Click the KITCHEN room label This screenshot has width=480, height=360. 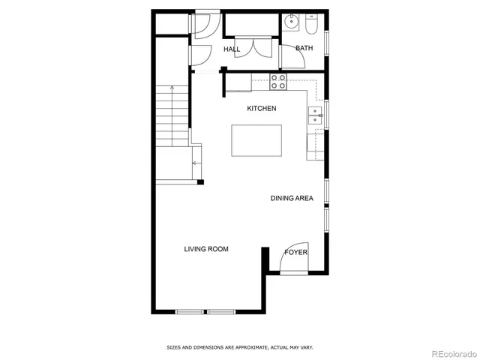point(262,109)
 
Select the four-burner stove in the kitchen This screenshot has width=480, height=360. point(278,80)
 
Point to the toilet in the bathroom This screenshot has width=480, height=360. point(312,25)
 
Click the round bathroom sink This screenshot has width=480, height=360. point(292,21)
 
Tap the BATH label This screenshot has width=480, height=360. point(304,48)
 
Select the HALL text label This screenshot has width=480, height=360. point(232,49)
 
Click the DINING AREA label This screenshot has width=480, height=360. point(292,199)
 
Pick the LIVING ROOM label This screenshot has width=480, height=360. point(206,249)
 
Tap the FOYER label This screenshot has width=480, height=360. point(295,253)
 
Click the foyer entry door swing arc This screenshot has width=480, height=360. point(294,257)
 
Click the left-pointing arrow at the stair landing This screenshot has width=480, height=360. point(195,162)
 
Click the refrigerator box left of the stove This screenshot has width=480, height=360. point(238,82)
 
